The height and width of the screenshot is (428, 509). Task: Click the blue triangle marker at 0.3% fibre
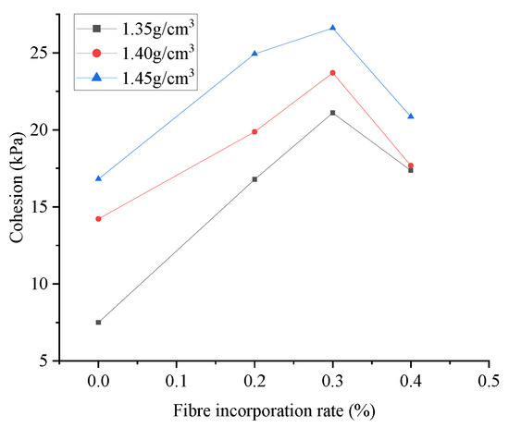click(332, 28)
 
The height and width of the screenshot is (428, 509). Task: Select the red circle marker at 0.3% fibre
click(332, 72)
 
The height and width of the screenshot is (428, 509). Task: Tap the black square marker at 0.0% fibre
click(98, 323)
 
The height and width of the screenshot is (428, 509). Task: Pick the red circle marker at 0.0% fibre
click(98, 219)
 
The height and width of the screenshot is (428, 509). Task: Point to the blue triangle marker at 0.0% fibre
click(98, 178)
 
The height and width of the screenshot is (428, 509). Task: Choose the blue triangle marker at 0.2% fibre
click(254, 54)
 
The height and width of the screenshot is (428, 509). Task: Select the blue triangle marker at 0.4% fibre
click(411, 116)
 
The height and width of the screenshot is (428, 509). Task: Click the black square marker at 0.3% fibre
click(332, 113)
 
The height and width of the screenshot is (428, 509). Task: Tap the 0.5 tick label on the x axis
click(489, 379)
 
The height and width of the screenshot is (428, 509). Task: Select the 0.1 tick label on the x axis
click(176, 379)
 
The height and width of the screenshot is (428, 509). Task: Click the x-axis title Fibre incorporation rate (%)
click(274, 408)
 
